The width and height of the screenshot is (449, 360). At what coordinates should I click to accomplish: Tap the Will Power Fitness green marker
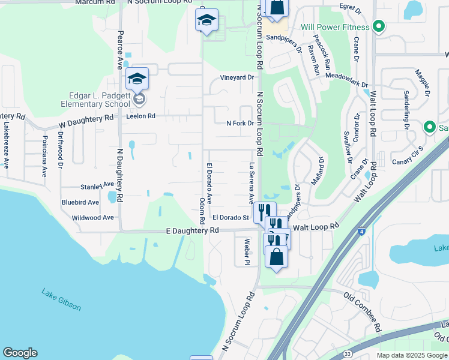tap(378, 27)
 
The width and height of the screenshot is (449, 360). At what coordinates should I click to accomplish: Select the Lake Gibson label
tap(61, 299)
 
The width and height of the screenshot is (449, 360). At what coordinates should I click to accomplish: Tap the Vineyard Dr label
tap(237, 77)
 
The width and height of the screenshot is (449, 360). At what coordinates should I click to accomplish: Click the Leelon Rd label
tap(140, 116)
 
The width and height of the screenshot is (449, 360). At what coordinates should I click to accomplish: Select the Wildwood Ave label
tap(92, 218)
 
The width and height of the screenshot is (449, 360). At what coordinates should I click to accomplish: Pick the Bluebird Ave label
tap(80, 202)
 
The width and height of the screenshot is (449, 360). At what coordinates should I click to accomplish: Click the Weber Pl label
tap(247, 251)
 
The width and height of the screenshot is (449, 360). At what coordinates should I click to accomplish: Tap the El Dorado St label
tap(231, 217)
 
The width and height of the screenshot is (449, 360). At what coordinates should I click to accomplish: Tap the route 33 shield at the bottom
tap(348, 354)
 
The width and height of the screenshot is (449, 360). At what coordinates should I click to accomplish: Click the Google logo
tap(20, 353)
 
